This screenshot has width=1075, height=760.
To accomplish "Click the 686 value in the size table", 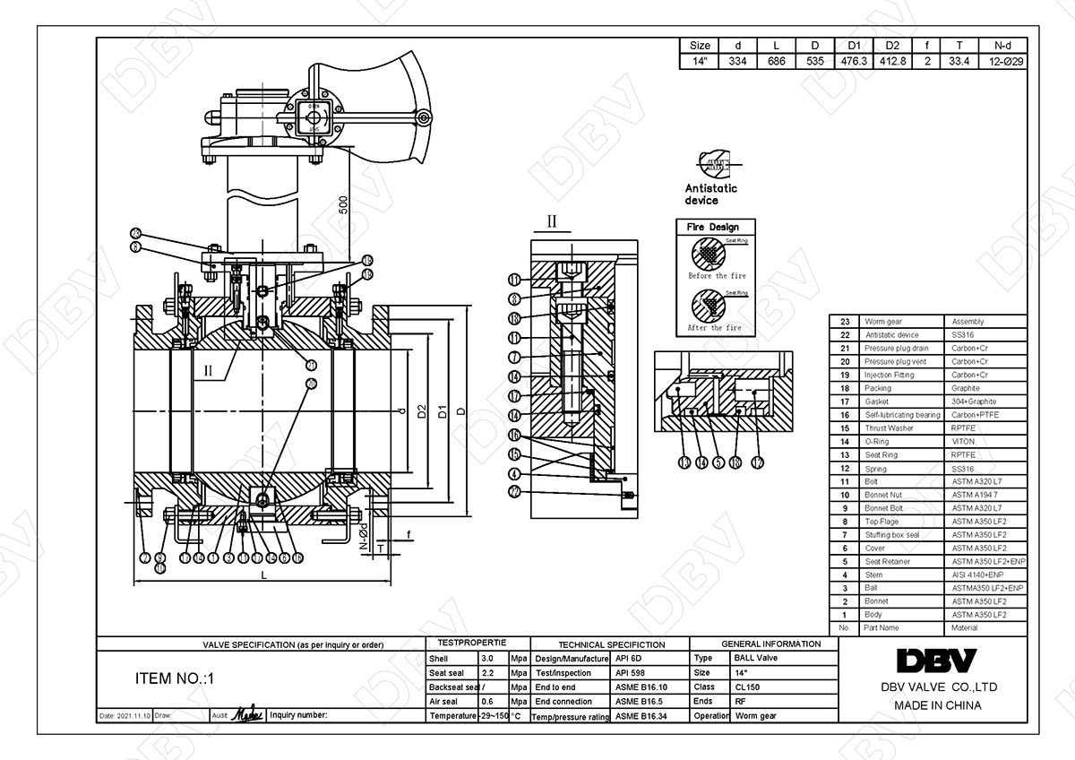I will (x=776, y=61).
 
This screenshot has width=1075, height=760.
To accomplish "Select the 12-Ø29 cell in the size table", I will (x=1004, y=61).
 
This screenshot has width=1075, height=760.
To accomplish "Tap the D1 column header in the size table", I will (x=854, y=45).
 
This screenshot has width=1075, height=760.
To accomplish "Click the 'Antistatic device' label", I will (x=710, y=194).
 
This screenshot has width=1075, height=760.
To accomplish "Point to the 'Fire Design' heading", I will (x=713, y=228).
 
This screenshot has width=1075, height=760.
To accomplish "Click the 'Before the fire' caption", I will (x=717, y=276).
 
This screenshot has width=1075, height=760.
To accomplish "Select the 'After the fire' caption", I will (x=717, y=328).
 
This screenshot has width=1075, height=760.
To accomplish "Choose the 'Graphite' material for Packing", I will (x=966, y=388).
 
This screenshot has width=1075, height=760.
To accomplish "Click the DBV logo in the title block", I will (x=936, y=661).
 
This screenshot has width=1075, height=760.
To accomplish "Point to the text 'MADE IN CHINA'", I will (x=937, y=705).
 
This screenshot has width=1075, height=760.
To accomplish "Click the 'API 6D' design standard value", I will (x=629, y=658).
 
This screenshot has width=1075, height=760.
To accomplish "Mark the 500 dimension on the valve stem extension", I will (x=342, y=205).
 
